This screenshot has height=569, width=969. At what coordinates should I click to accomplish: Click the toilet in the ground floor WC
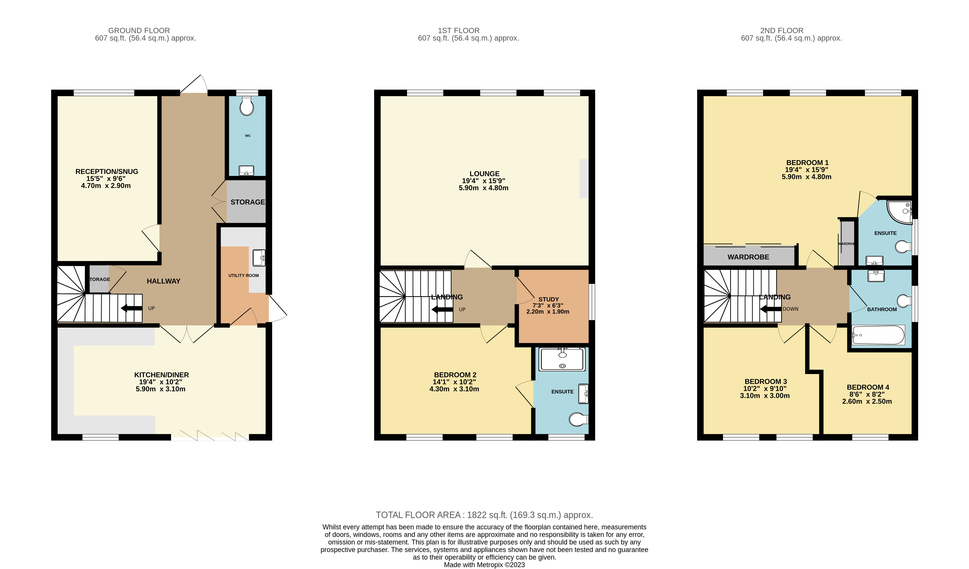click(246, 106)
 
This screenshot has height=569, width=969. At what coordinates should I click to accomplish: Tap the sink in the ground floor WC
click(246, 170)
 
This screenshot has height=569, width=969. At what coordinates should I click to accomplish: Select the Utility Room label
click(243, 276)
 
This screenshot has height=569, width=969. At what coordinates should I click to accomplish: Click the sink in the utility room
click(259, 258)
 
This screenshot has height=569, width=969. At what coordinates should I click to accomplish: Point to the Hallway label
click(163, 281)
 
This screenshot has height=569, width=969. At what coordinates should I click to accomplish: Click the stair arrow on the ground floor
click(132, 308)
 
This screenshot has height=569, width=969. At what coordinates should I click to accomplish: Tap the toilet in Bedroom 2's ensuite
click(579, 419)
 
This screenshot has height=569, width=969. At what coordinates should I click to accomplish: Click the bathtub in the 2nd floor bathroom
click(878, 335)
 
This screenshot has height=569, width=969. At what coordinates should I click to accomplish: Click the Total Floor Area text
click(484, 515)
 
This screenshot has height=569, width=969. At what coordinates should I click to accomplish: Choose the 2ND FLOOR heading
click(782, 30)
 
